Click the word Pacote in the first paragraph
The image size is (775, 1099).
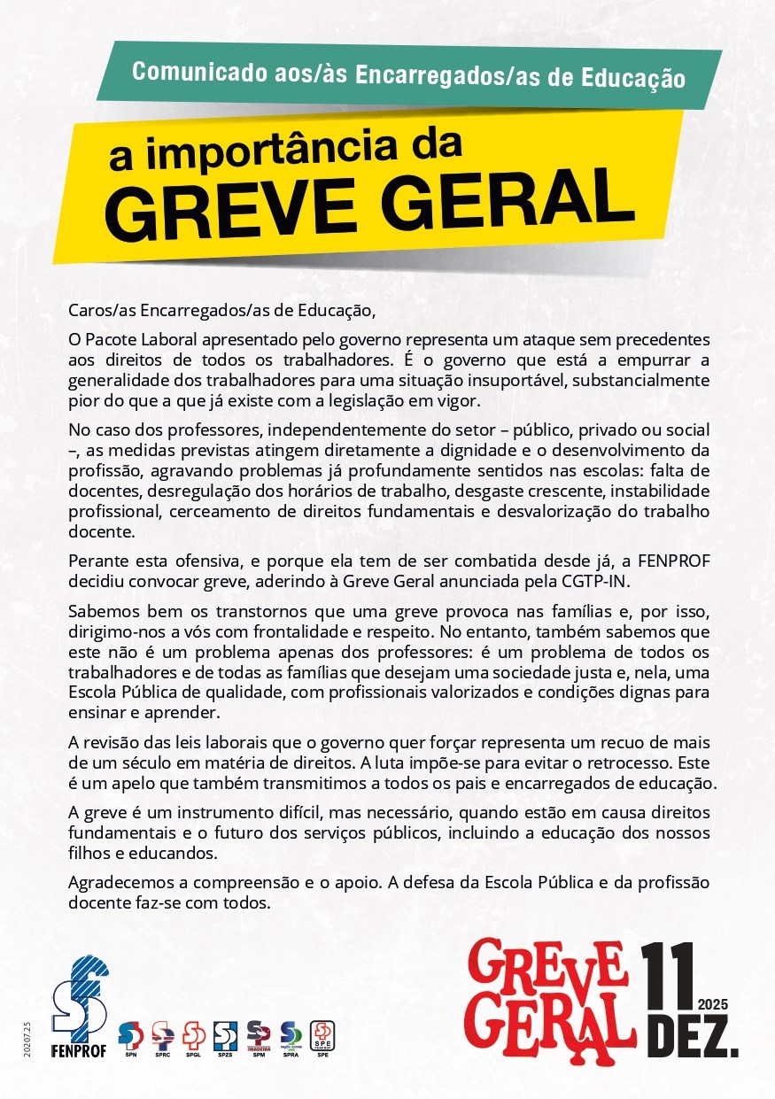point(111,339)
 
